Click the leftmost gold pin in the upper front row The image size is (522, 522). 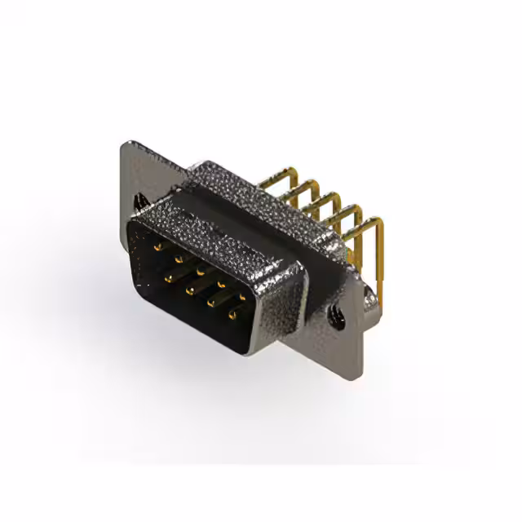tap(156, 242)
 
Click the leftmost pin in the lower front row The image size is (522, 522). tap(168, 277)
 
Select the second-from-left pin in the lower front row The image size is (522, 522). tap(189, 290)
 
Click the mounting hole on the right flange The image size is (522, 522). tap(336, 312)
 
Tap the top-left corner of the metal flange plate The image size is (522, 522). tap(126, 145)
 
